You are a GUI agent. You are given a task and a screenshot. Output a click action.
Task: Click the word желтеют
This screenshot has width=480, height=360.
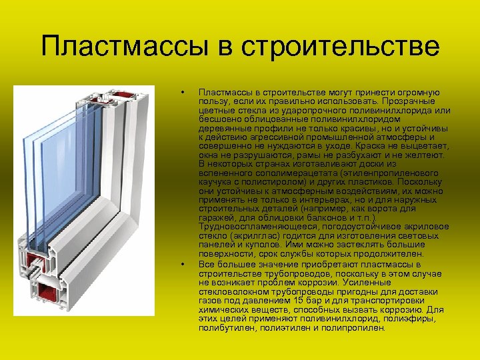[x=427, y=154]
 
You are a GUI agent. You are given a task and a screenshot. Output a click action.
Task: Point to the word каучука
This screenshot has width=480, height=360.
[x=217, y=181]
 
